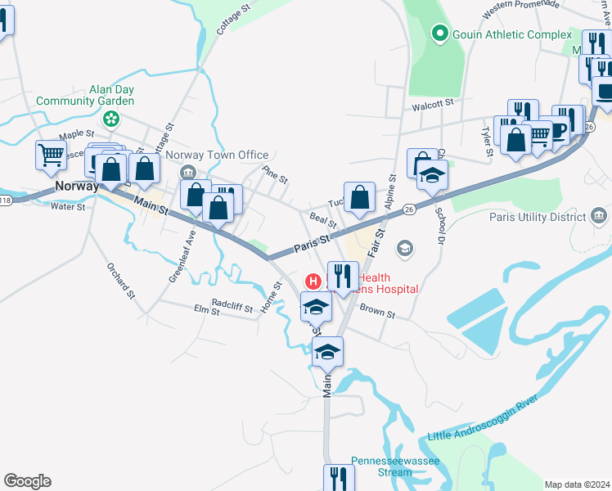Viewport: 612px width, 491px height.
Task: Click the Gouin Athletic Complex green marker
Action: click(439, 34)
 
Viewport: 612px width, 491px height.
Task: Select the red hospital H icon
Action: click(313, 282)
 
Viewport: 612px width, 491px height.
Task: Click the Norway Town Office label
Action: click(217, 155)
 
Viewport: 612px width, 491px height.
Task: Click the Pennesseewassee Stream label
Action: click(395, 466)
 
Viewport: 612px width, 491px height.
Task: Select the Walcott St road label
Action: click(433, 104)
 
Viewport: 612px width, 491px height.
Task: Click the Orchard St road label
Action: click(119, 279)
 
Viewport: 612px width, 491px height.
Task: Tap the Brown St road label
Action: click(377, 312)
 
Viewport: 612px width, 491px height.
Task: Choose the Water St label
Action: click(68, 207)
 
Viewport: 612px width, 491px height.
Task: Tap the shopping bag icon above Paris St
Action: click(359, 197)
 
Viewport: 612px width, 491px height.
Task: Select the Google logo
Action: click(27, 481)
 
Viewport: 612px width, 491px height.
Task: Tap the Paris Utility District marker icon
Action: click(599, 217)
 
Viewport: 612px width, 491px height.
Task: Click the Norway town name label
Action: click(76, 186)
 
